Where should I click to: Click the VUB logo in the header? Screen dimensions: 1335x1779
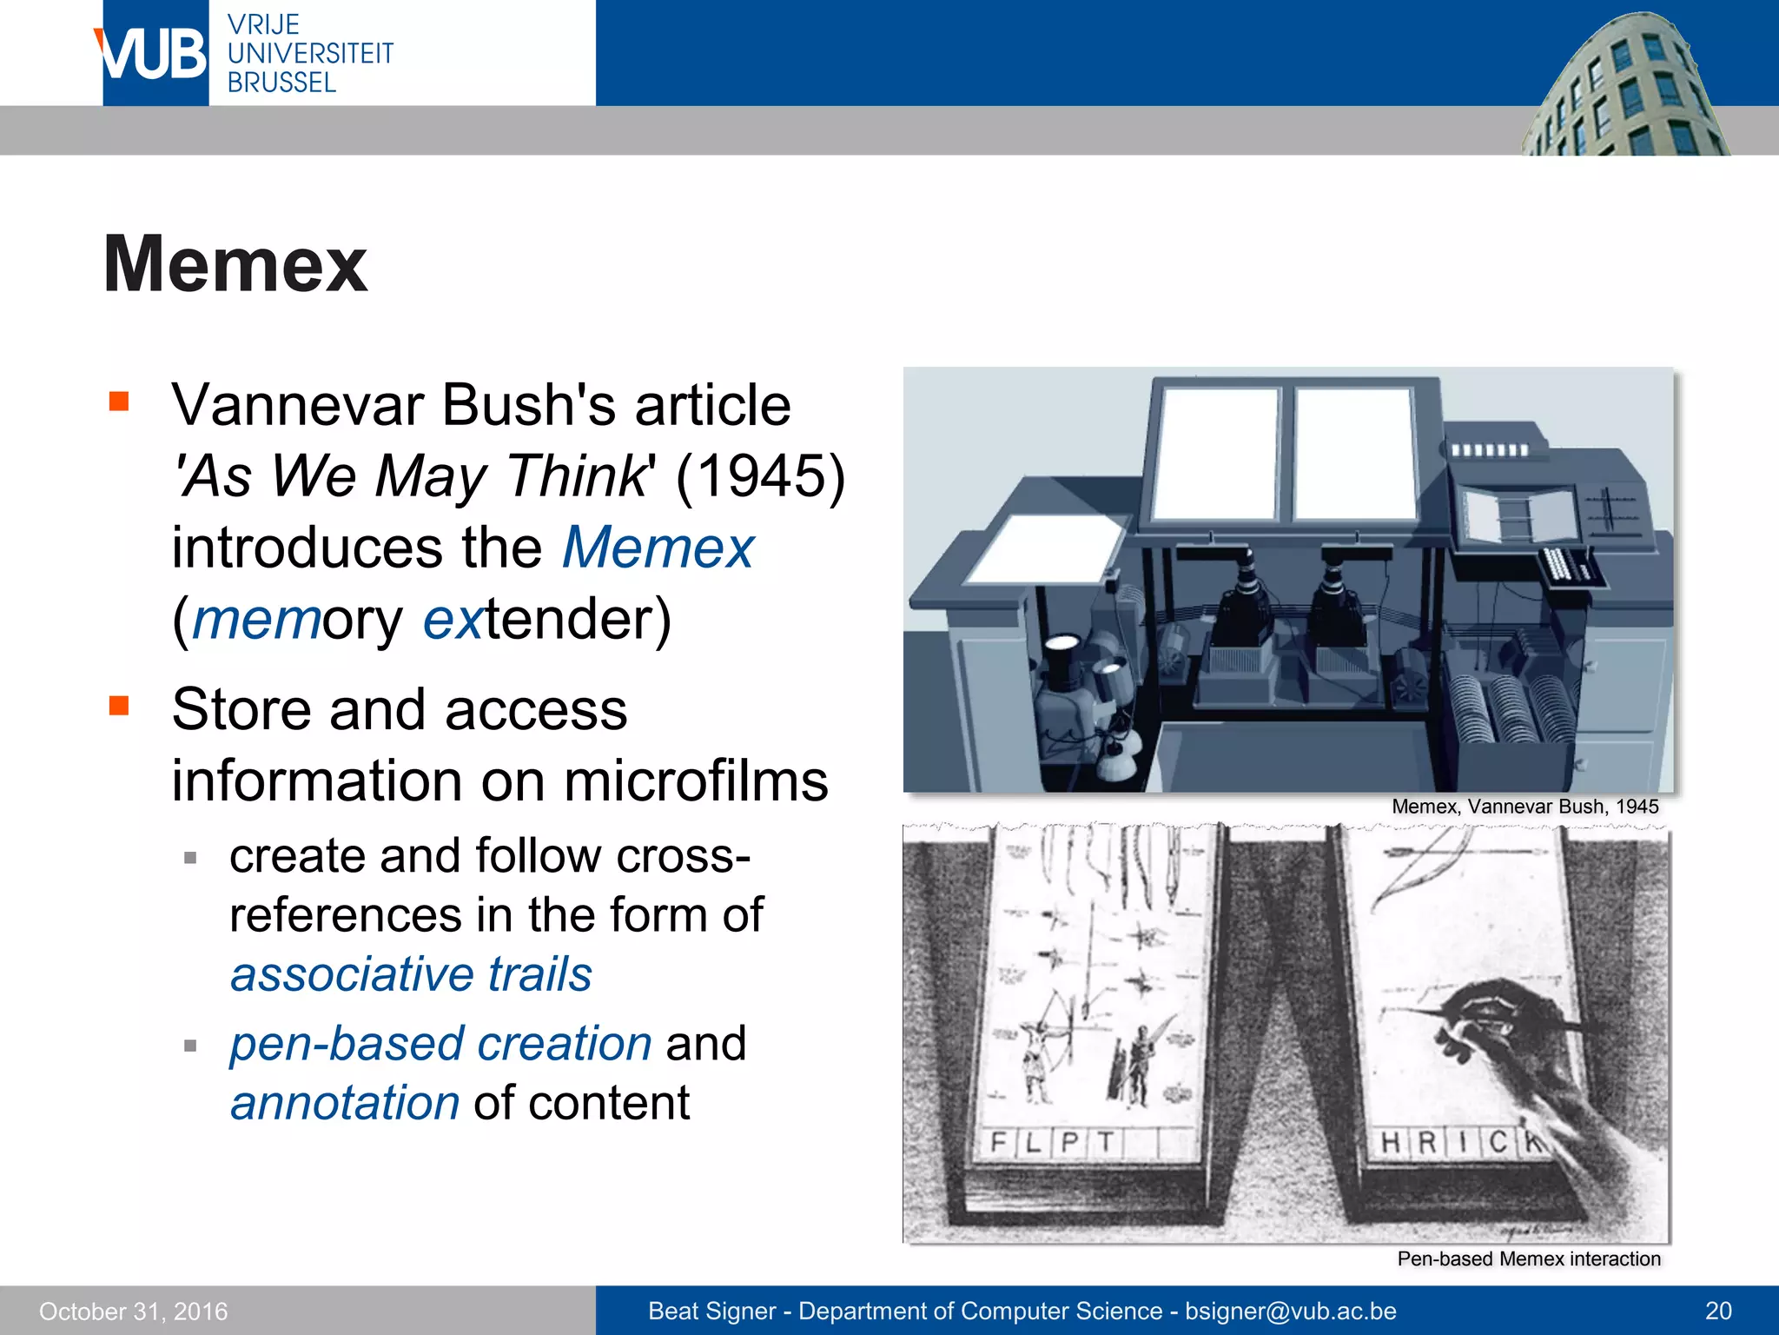pyautogui.click(x=155, y=54)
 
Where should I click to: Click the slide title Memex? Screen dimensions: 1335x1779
pyautogui.click(x=235, y=264)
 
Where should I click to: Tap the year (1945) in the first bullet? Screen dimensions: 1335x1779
pyautogui.click(x=760, y=476)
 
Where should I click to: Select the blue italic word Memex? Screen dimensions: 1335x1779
pyautogui.click(x=658, y=548)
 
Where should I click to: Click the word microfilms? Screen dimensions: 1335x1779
pyautogui.click(x=696, y=780)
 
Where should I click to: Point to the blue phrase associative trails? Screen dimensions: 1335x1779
pyautogui.click(x=411, y=973)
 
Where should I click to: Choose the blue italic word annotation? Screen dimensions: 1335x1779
pyautogui.click(x=345, y=1103)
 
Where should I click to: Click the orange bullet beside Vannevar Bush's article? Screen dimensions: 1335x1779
pyautogui.click(x=119, y=402)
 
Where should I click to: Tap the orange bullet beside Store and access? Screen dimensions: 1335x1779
pyautogui.click(x=119, y=705)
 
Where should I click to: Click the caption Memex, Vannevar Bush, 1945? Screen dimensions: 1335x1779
pyautogui.click(x=1524, y=807)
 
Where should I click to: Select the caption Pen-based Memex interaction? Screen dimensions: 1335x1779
pyautogui.click(x=1528, y=1259)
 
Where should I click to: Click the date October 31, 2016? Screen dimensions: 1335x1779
pyautogui.click(x=133, y=1311)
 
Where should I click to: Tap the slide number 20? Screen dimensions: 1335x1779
pyautogui.click(x=1718, y=1311)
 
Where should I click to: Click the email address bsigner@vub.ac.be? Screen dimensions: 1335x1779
pyautogui.click(x=1290, y=1311)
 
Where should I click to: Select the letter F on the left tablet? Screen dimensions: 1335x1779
pyautogui.click(x=999, y=1141)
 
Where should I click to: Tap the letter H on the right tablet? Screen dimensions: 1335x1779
pyautogui.click(x=1391, y=1142)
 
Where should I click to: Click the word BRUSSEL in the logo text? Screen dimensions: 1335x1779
pyautogui.click(x=281, y=83)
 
